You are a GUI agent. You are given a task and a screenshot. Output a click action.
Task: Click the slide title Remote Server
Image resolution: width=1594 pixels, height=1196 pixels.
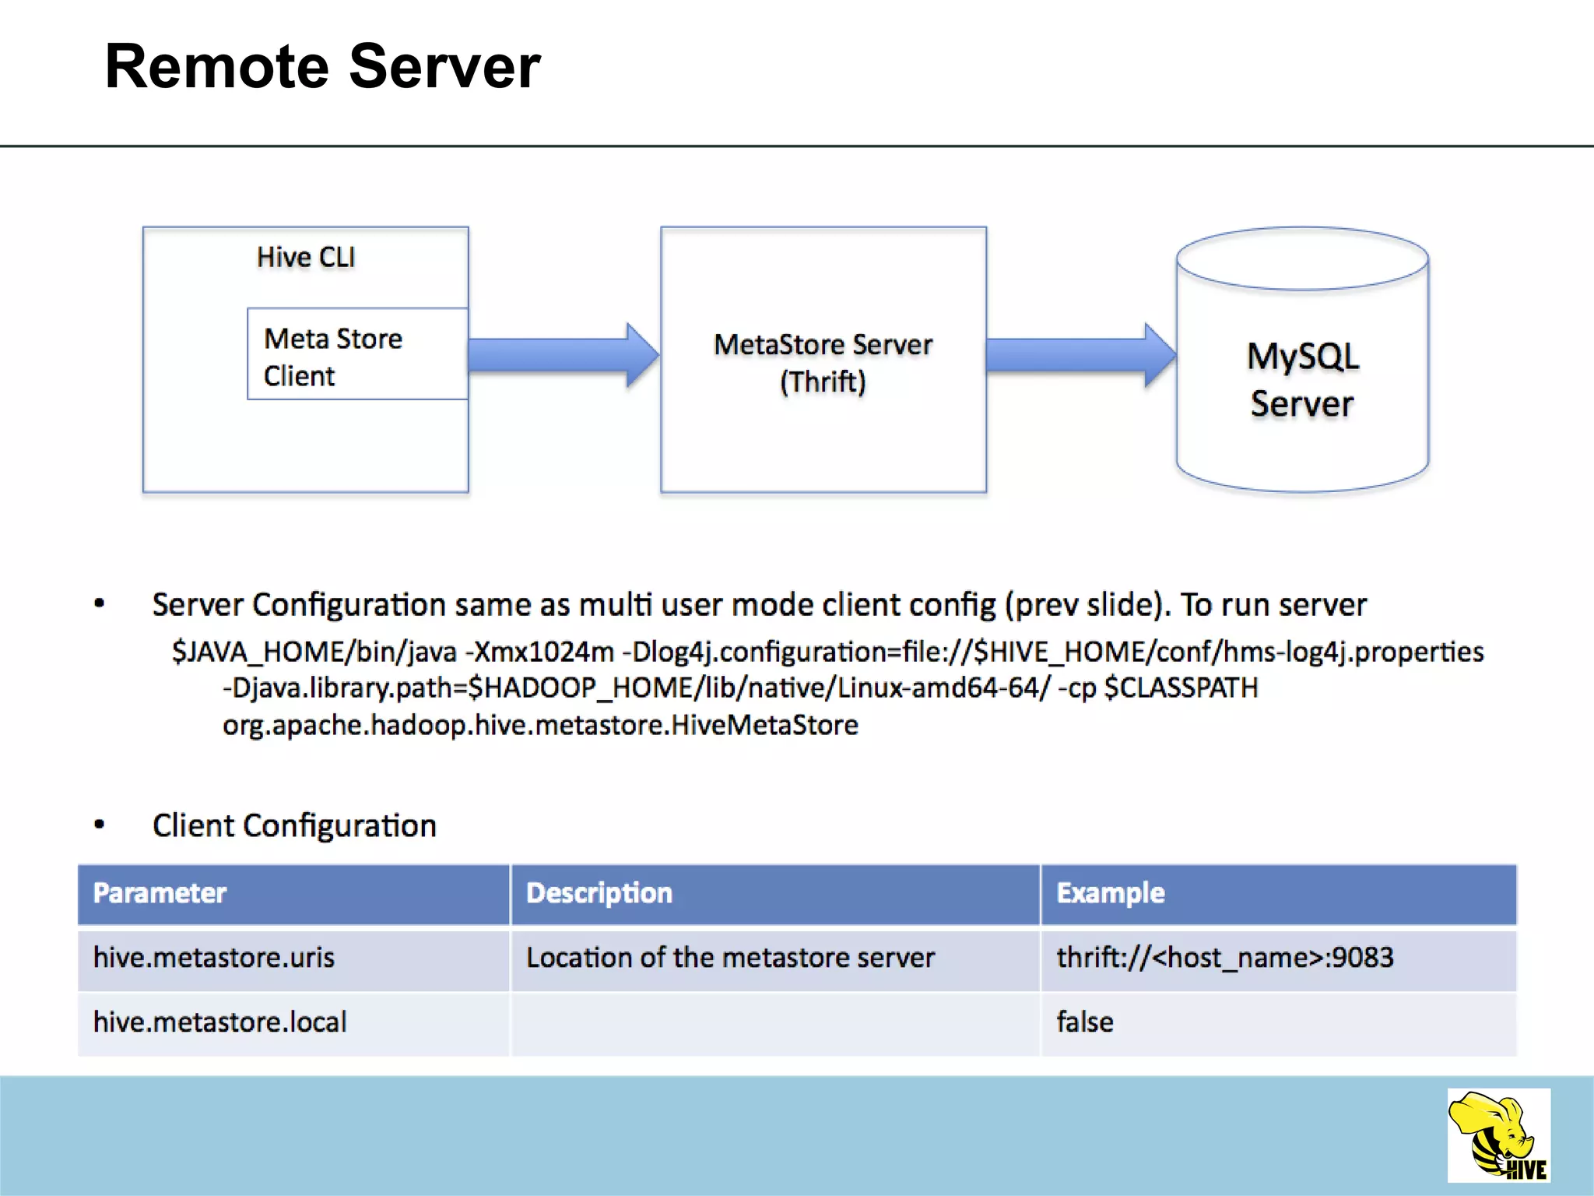coord(322,67)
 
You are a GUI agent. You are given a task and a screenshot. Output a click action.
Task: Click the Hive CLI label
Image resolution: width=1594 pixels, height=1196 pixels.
coord(306,257)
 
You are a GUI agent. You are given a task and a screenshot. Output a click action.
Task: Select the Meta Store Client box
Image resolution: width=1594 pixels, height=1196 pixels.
coord(357,355)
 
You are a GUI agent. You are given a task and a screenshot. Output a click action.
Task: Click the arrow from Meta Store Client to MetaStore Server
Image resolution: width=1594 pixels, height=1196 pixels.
coord(562,355)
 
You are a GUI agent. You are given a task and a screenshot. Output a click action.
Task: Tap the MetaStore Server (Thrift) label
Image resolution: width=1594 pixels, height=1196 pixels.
coord(823,363)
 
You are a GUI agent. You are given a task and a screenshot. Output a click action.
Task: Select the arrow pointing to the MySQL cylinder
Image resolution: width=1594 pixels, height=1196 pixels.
coord(1079,355)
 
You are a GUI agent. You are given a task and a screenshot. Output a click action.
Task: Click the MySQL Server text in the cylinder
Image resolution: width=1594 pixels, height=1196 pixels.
coord(1302,380)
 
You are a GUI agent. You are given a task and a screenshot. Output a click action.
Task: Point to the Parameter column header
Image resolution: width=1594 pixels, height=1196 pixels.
coord(160,893)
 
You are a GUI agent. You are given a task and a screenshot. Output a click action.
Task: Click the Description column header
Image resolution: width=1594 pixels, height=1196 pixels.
coord(599,893)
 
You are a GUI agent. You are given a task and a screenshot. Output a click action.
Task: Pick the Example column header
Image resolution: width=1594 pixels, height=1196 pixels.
coord(1110,893)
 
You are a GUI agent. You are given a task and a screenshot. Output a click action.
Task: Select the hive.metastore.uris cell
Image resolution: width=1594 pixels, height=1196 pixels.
coord(214,958)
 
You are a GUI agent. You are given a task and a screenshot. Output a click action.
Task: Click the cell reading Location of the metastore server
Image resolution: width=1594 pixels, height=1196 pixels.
coord(730,958)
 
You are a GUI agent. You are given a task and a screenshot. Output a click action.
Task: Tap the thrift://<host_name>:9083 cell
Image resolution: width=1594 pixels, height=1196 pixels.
coord(1224,958)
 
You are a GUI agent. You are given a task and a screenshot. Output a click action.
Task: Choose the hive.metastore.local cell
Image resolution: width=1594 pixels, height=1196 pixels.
coord(219,1022)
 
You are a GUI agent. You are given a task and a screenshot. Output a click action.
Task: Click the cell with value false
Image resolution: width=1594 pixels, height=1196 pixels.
coord(1084,1022)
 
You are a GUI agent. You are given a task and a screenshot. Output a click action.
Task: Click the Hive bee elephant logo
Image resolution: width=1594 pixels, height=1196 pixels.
coord(1498,1135)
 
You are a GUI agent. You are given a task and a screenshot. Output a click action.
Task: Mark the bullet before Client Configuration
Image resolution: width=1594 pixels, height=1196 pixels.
coord(99,825)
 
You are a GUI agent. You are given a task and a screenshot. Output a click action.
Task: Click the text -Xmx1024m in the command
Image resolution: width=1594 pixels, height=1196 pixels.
coord(539,652)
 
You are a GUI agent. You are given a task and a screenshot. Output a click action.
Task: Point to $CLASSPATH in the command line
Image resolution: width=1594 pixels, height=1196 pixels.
coord(1181,688)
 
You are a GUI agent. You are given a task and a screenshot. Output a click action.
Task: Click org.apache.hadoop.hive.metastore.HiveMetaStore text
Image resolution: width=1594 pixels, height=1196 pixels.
coord(540,726)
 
